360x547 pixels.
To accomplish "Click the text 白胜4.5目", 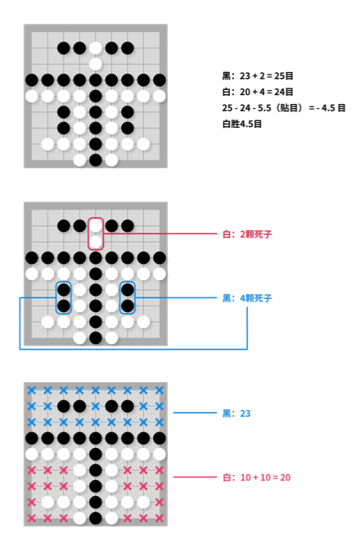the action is tap(242, 124).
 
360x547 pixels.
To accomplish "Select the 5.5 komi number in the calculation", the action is tap(264, 108).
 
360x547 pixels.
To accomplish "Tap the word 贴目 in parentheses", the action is tap(290, 108).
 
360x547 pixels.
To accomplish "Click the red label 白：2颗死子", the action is tap(247, 234).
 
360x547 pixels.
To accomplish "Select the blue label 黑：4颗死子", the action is tap(247, 298).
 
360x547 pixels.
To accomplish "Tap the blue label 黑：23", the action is tap(236, 414).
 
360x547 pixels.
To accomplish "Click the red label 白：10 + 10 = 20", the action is tap(256, 477).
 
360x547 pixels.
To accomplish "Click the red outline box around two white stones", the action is tap(88, 233).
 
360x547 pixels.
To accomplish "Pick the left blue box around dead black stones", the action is tap(56, 298).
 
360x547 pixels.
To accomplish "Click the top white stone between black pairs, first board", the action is tap(96, 48).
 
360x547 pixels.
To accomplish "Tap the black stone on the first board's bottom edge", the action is tap(96, 160).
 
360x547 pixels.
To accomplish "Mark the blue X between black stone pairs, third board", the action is tap(96, 406).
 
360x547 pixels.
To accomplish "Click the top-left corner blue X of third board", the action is tap(32, 390).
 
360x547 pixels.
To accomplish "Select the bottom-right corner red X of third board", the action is tap(160, 518).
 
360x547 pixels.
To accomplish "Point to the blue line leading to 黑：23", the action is tap(196, 413).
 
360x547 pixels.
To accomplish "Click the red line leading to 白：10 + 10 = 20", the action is tap(196, 477).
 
